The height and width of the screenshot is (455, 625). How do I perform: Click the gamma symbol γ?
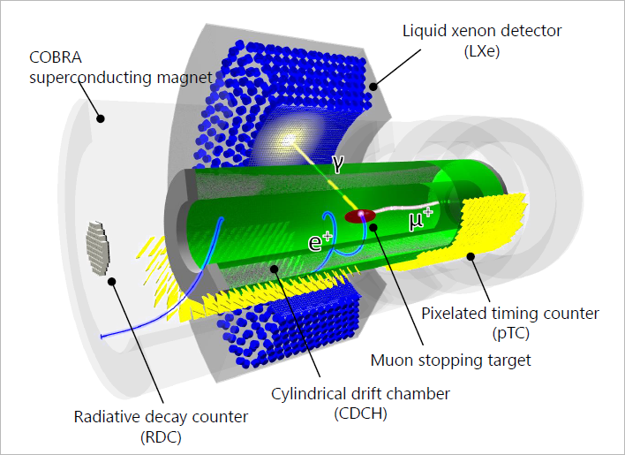click(337, 163)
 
